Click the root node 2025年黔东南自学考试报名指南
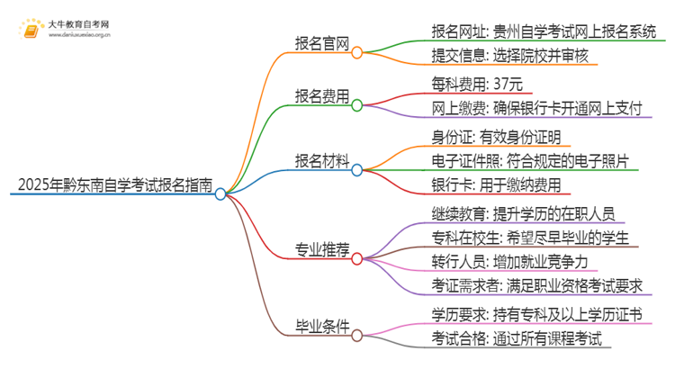(112, 186)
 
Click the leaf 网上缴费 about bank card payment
(536, 110)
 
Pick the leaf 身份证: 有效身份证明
(496, 137)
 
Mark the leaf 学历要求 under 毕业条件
(536, 314)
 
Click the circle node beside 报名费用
(356, 106)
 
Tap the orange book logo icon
(31, 32)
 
